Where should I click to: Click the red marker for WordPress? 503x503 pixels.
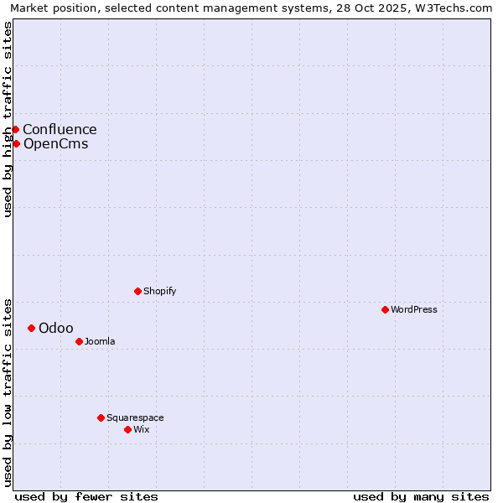pos(385,309)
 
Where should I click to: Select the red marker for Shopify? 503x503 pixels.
pos(137,291)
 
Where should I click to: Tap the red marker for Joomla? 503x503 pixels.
pos(79,341)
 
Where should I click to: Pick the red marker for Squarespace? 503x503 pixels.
pos(101,417)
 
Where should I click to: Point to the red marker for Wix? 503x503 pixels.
pos(127,429)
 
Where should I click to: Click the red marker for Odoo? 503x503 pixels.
pos(31,328)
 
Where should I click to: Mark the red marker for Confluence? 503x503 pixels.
pos(15,129)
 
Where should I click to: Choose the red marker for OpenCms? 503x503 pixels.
pos(16,143)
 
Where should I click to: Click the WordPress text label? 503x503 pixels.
pos(414,310)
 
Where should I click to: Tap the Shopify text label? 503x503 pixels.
pos(160,292)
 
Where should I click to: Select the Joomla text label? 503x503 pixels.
pos(100,342)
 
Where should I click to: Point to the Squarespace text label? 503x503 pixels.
pos(135,418)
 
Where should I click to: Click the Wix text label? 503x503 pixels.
pos(142,430)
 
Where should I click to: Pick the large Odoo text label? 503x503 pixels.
pos(56,329)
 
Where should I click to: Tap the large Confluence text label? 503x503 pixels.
pos(60,130)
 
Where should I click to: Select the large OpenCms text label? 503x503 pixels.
pos(56,144)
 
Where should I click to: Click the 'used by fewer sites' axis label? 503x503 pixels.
pos(86,496)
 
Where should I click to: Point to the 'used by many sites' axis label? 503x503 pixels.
pos(421,496)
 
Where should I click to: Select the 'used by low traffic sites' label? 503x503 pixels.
pos(8,392)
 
